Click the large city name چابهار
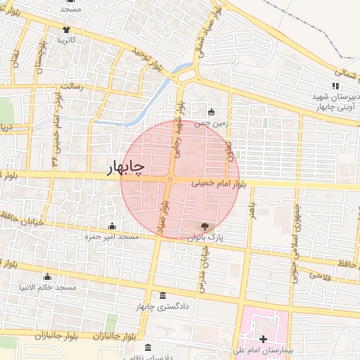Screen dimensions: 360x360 [x=125, y=167]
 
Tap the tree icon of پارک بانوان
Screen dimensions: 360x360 [x=204, y=226]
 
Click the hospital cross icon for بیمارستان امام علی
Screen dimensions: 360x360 [x=263, y=338]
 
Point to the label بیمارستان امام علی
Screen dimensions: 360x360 [x=263, y=349]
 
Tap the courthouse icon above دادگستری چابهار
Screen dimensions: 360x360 [x=163, y=295]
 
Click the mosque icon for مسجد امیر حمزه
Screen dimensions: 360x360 [x=112, y=226]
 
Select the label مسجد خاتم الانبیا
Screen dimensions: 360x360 [x=47, y=288]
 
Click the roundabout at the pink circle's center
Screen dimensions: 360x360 [x=169, y=180]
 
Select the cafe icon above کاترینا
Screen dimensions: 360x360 [x=66, y=30]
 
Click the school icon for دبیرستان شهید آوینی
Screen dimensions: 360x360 [x=335, y=86]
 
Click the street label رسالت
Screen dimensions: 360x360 [x=72, y=86]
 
